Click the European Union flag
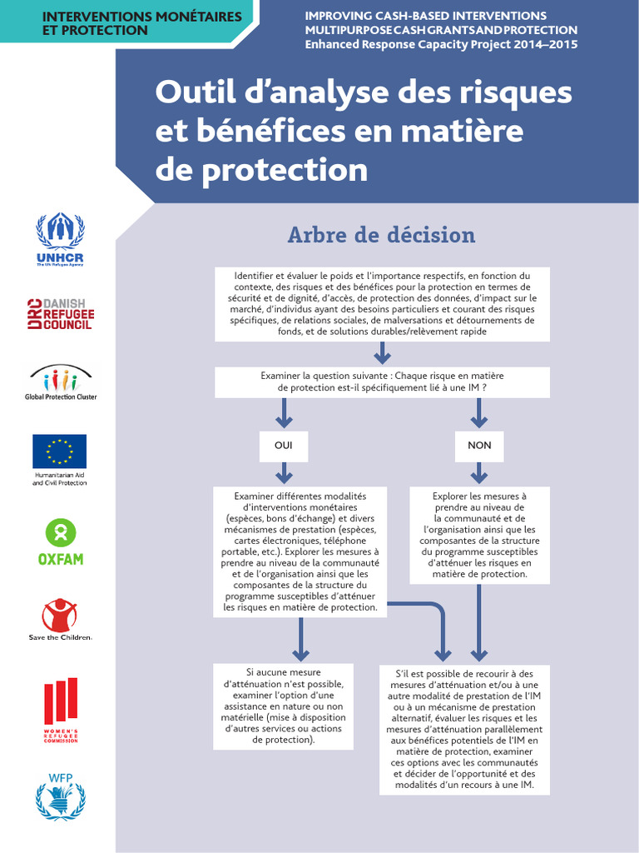59,451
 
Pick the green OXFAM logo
61,542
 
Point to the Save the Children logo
60,620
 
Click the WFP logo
61,796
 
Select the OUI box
284,446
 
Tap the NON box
479,446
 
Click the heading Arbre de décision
381,235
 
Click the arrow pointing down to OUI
284,413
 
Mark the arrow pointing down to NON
479,413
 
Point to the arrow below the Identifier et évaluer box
382,352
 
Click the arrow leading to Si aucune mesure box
301,639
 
